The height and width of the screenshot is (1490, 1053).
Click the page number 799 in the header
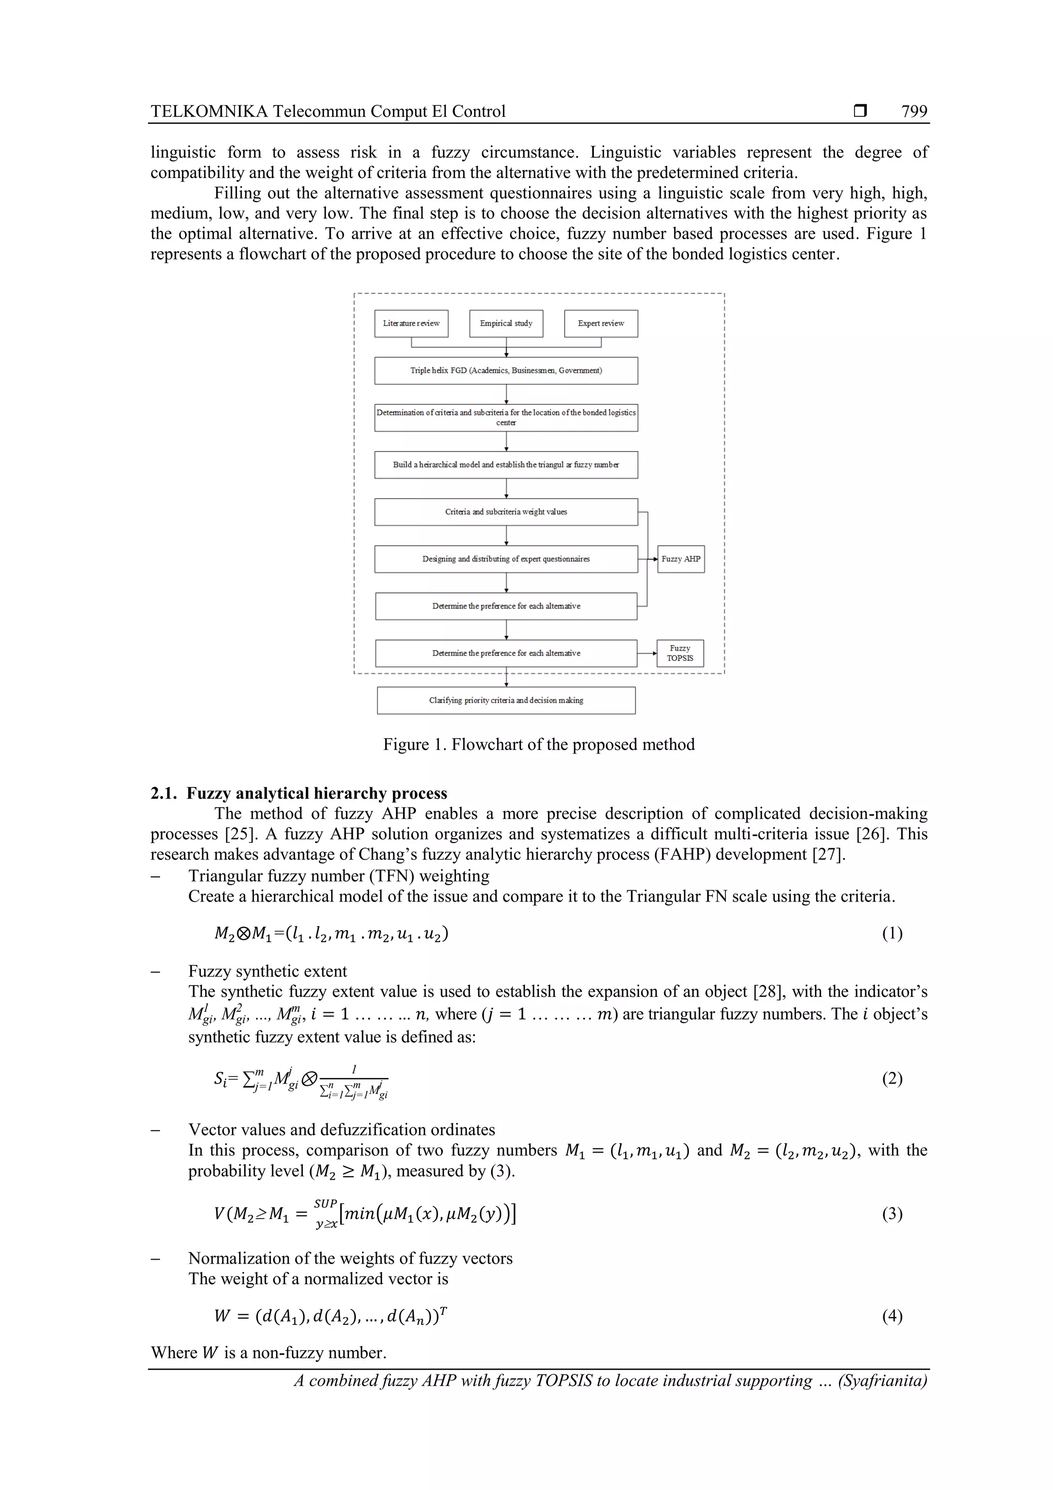click(x=914, y=112)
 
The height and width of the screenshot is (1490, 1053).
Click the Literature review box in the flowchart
click(x=411, y=323)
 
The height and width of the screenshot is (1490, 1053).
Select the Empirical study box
click(x=506, y=323)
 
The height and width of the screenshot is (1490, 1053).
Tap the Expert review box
click(x=601, y=323)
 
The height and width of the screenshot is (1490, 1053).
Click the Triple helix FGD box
click(x=506, y=370)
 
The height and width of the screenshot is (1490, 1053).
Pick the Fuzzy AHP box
click(x=681, y=559)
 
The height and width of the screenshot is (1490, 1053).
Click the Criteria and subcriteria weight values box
click(x=506, y=512)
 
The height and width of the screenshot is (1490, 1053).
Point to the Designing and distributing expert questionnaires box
click(x=506, y=559)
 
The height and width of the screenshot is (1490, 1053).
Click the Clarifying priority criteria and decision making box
click(x=506, y=700)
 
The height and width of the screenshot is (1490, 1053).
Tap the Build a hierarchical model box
click(x=506, y=464)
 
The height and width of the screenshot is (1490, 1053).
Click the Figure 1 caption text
click(x=538, y=744)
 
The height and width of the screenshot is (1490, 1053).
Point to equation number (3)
click(x=892, y=1213)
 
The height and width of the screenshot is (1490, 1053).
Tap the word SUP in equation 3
click(x=325, y=1203)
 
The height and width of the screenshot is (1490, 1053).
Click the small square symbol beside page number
click(x=860, y=112)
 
